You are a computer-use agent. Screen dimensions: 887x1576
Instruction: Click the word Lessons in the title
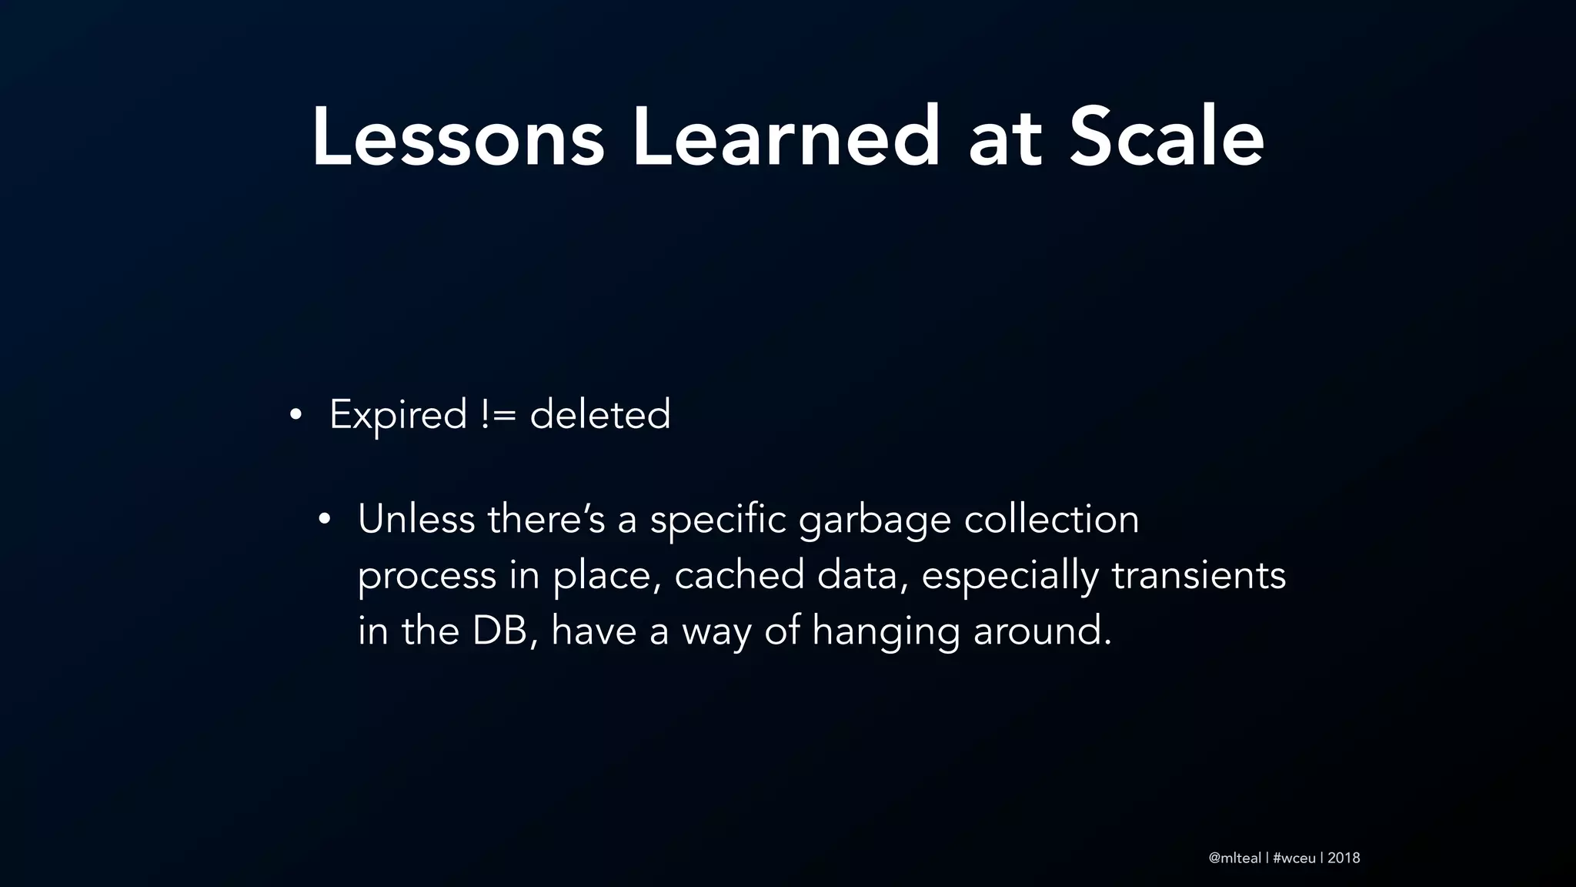point(458,139)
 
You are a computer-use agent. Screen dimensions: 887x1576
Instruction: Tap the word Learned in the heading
point(786,139)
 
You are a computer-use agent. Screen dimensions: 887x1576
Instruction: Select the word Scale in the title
point(1167,139)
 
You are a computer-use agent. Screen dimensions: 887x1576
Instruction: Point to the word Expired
point(398,416)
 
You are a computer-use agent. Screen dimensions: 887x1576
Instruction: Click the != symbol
point(498,416)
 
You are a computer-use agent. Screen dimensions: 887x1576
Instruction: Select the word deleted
point(600,416)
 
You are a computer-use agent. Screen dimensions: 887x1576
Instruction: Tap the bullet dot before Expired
point(295,417)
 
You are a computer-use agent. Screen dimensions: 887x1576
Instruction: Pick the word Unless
point(416,519)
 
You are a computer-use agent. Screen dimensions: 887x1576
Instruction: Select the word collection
point(1051,519)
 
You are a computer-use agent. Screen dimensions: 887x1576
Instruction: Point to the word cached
point(739,575)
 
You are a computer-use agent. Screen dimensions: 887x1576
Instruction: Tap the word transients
point(1198,575)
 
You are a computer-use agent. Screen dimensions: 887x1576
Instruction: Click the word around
point(1042,631)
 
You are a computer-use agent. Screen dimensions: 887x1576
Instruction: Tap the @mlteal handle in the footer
point(1234,858)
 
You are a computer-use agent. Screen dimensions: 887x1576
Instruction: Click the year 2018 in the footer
point(1344,858)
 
